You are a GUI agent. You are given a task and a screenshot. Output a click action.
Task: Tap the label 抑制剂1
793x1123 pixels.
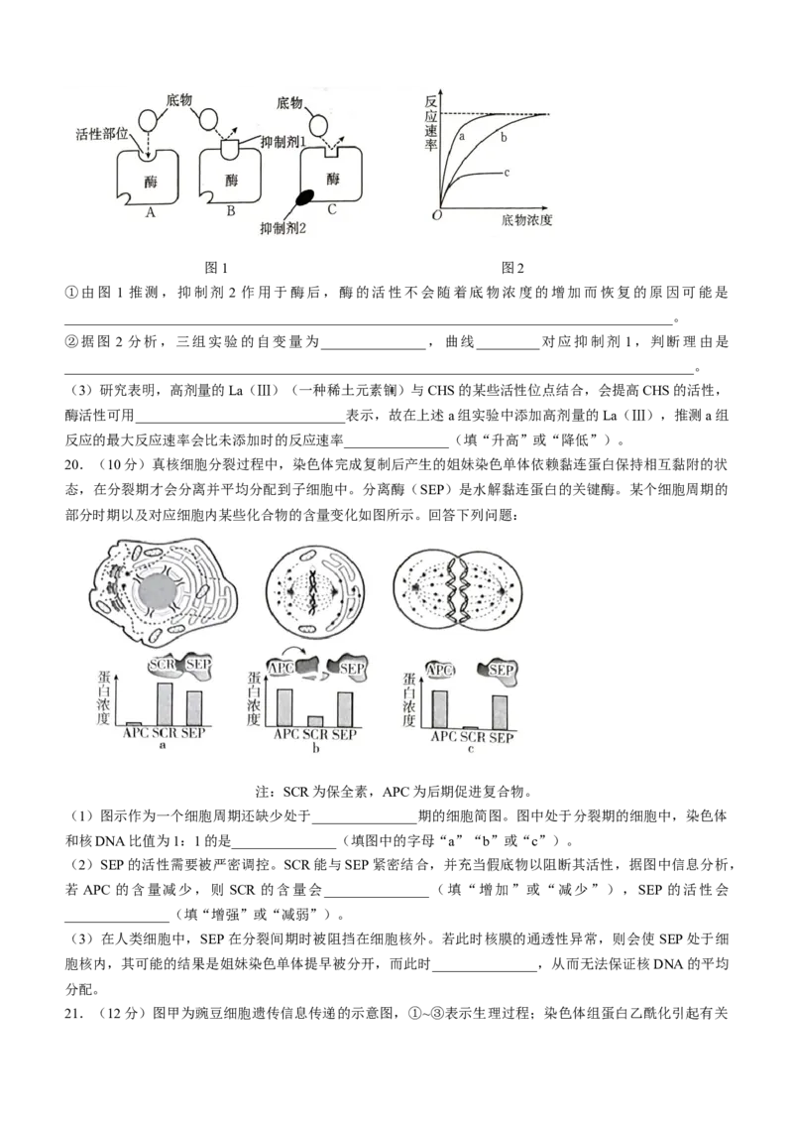tap(285, 141)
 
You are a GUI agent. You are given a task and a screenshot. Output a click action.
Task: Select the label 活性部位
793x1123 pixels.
tap(101, 132)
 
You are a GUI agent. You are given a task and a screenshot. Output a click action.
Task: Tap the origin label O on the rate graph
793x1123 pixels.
tap(436, 215)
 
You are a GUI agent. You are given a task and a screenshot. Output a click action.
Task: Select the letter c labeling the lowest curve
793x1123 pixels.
tap(507, 173)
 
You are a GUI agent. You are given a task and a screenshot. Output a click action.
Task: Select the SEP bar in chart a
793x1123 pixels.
tap(194, 709)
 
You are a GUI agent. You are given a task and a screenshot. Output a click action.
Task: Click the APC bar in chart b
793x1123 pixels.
tap(284, 708)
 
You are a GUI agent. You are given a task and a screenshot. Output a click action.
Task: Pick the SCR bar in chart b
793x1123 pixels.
tap(315, 722)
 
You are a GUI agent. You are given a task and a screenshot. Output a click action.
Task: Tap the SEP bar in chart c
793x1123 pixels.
tap(501, 712)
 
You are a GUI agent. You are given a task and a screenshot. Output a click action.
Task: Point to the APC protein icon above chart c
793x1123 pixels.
tap(439, 671)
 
